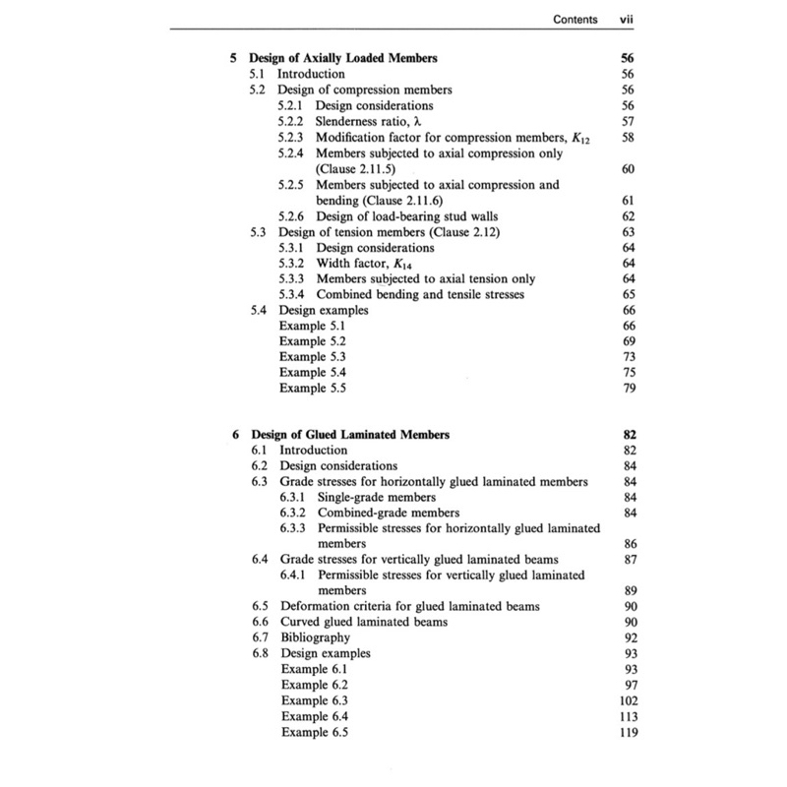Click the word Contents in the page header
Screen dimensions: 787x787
click(x=576, y=18)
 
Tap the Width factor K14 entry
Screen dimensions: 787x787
click(x=363, y=264)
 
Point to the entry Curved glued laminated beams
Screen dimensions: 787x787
click(x=364, y=623)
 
